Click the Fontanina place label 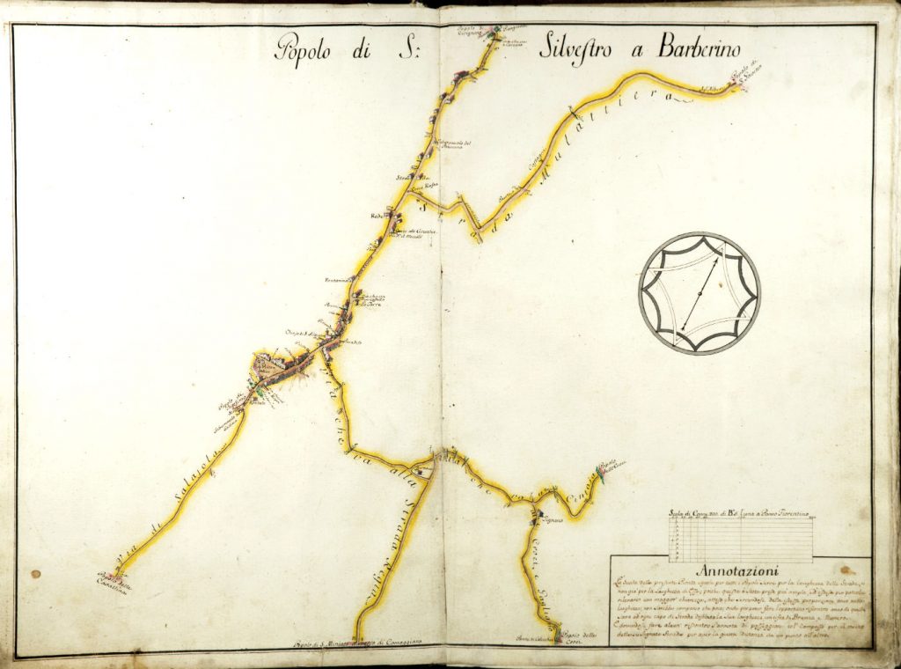click(x=338, y=280)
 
